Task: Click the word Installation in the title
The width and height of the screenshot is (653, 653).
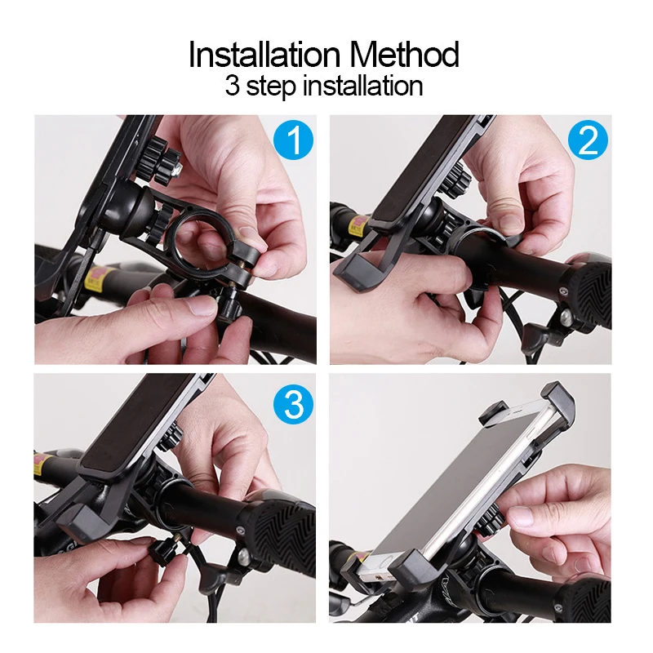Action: click(264, 54)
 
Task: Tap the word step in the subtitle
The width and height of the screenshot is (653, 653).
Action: click(271, 87)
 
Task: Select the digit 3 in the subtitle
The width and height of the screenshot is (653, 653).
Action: click(233, 86)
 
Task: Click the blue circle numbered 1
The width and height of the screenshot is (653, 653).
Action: click(294, 140)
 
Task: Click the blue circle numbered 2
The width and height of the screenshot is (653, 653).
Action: click(588, 140)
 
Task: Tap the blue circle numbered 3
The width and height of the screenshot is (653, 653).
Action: click(294, 404)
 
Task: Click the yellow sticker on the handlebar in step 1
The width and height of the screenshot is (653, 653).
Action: click(98, 279)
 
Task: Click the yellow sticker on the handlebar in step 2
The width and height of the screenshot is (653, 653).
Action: click(358, 226)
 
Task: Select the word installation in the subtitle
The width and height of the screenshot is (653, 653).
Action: click(362, 86)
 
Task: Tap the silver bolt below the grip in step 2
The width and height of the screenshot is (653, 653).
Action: click(564, 318)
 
